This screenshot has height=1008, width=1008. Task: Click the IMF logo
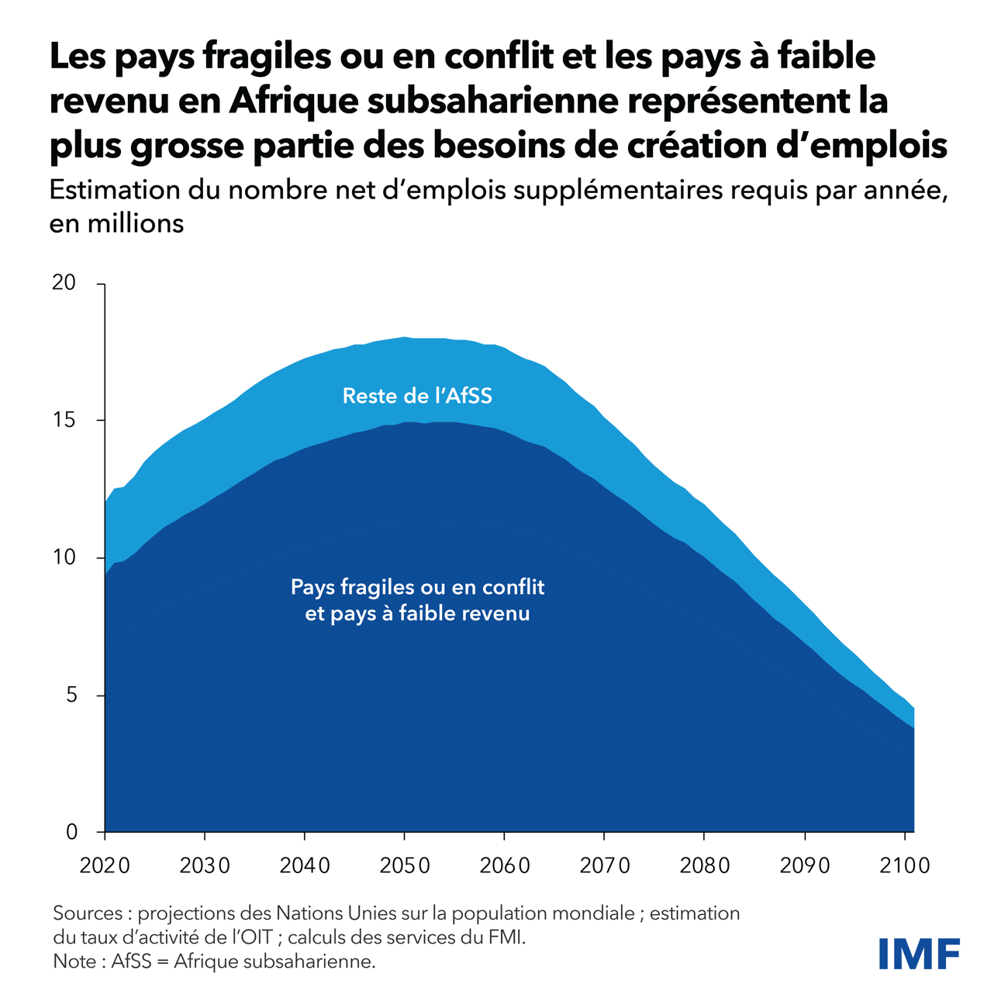pos(920,953)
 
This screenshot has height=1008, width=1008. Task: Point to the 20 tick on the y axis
pos(64,283)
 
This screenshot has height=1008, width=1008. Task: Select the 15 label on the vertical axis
pos(64,420)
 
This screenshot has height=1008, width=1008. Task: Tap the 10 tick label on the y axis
pos(64,558)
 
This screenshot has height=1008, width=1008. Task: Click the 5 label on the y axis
pos(71,695)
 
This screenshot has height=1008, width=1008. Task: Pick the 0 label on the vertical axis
pos(71,832)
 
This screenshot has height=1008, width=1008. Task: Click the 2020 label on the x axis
pos(105,865)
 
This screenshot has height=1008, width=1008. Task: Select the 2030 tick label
pos(205,865)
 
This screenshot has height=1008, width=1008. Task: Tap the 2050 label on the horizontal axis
pos(405,865)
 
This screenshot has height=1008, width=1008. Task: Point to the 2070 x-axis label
pos(605,865)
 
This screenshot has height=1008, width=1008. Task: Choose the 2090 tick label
pos(805,865)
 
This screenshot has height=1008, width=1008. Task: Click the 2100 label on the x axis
pos(904,865)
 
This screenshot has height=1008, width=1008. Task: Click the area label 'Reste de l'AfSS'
pos(417,396)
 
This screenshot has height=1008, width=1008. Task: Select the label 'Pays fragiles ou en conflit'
pos(417,587)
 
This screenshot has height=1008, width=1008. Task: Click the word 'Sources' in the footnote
pos(87,913)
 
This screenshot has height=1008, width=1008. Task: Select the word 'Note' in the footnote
pos(74,961)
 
